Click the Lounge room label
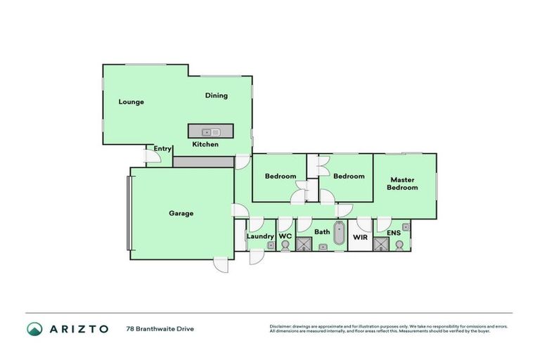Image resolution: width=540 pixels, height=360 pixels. (131, 102)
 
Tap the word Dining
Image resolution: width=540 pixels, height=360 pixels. (216, 96)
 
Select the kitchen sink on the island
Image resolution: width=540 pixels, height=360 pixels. (211, 131)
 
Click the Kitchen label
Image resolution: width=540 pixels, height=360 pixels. (205, 144)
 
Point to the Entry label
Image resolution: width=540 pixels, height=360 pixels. (162, 148)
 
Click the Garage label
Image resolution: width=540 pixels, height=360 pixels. (181, 213)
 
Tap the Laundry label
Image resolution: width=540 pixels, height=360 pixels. (259, 236)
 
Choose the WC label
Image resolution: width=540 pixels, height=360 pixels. (285, 236)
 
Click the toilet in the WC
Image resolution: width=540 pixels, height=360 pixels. (285, 245)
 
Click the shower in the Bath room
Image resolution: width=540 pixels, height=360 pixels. (304, 244)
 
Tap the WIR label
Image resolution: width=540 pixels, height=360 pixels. (360, 238)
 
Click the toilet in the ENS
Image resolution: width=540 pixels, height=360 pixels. (399, 245)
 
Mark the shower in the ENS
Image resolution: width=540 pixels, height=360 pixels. (381, 244)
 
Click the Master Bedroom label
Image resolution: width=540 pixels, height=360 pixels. (404, 184)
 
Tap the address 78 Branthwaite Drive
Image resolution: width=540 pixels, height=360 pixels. (160, 328)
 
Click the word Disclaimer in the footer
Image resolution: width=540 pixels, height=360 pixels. (281, 326)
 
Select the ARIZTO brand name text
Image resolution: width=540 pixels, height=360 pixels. (78, 328)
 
